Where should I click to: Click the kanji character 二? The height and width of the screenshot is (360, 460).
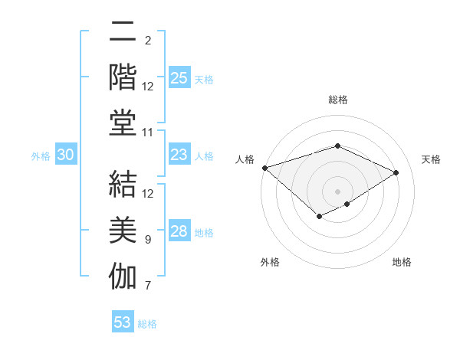tap(123, 33)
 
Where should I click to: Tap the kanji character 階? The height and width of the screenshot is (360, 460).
tap(123, 78)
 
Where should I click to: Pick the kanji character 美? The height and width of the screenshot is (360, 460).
tap(123, 230)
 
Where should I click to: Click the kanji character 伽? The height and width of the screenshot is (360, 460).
tap(123, 277)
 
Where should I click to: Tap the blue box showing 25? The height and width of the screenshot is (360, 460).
tap(179, 77)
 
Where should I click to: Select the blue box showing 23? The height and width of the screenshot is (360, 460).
tap(179, 155)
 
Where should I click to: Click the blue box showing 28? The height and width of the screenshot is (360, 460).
tap(179, 231)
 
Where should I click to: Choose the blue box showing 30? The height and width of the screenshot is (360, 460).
tap(66, 155)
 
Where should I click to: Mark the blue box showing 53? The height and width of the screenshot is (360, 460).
tap(123, 322)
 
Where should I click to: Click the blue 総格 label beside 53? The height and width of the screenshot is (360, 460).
tap(147, 324)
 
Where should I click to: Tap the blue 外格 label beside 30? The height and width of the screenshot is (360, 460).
tap(41, 156)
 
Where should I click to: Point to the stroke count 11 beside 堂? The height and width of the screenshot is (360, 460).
tap(148, 133)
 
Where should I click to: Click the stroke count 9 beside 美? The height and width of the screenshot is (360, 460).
tap(148, 240)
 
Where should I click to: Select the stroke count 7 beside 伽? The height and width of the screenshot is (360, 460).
tap(148, 286)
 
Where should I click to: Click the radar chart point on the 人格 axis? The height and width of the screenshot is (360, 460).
tap(264, 168)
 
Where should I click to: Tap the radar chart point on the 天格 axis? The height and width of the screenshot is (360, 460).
tap(396, 173)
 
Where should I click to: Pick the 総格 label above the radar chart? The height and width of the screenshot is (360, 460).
tap(338, 100)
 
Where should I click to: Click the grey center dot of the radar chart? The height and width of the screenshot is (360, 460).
tap(337, 191)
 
